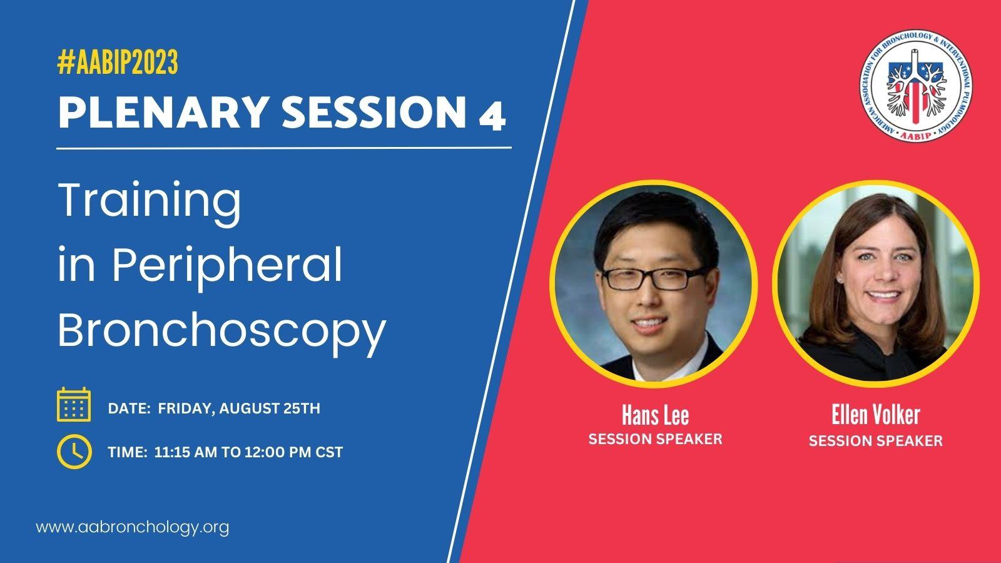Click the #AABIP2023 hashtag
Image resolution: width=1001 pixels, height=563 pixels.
pos(118,62)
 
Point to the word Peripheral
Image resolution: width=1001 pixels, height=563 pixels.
pos(227,267)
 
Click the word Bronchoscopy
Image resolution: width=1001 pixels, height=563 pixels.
pos(222,331)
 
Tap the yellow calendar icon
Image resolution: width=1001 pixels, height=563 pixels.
pos(74,404)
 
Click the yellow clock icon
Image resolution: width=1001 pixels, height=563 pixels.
pos(74,451)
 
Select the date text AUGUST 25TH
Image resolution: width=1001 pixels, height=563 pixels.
pos(270,408)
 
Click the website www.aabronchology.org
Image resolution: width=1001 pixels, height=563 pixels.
pos(132,527)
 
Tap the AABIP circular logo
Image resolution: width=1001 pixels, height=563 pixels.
pos(916,85)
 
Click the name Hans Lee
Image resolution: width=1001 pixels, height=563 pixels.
pos(655,415)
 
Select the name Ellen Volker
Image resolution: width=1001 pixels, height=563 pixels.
pos(875,415)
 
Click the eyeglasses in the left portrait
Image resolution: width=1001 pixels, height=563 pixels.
pos(653,278)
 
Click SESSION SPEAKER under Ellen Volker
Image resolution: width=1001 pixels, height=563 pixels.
pos(875,441)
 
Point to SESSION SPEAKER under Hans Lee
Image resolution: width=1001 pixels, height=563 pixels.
pos(655,439)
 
